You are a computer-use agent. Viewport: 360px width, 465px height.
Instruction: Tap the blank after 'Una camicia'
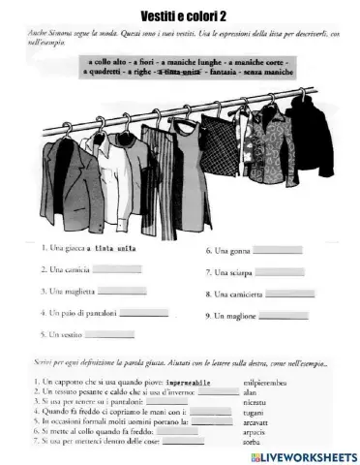(x=116, y=269)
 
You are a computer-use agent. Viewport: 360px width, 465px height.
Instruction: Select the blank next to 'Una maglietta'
(x=123, y=291)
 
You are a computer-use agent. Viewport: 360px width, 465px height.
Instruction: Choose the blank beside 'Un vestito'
(x=109, y=334)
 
